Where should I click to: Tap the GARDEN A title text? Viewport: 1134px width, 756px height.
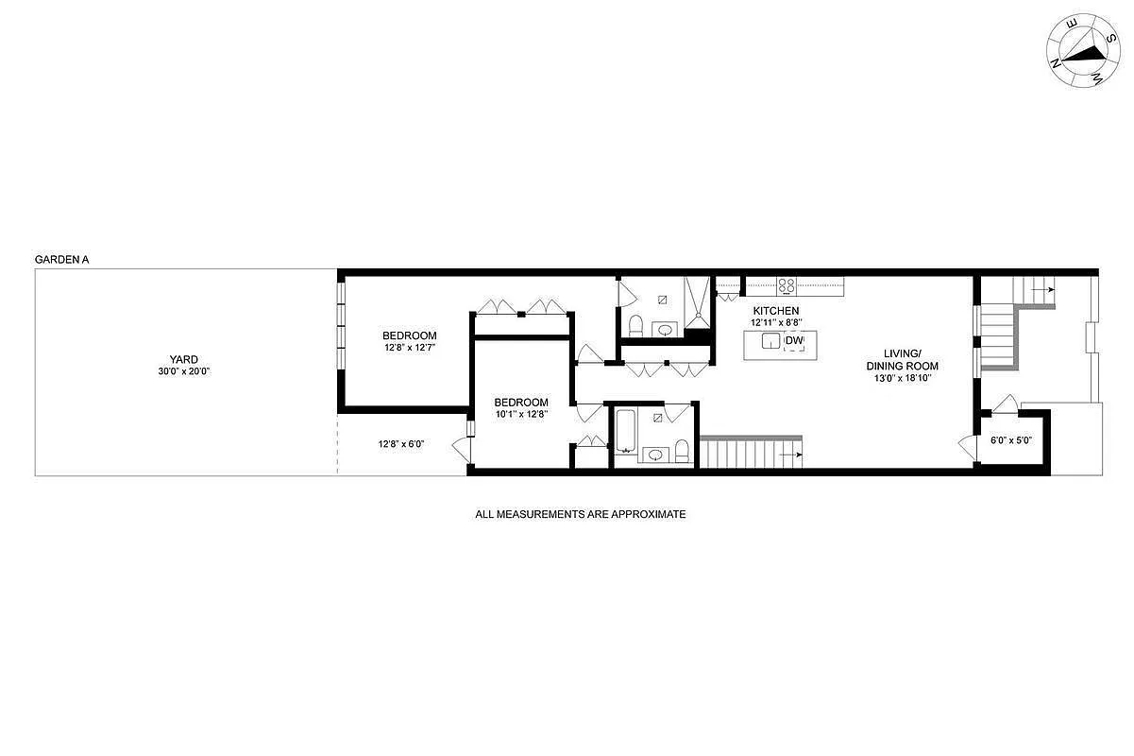pos(61,259)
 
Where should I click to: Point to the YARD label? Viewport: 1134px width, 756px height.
pos(183,359)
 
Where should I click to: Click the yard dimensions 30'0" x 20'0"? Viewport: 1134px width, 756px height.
pos(183,371)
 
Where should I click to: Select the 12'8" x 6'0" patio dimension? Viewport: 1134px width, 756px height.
pos(401,444)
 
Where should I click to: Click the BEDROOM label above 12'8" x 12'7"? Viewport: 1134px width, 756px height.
pos(409,335)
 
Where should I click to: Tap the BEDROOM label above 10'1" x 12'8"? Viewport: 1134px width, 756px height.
pos(521,402)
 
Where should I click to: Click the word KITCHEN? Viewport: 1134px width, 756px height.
pos(775,311)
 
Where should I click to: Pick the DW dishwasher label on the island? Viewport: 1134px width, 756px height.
pos(794,341)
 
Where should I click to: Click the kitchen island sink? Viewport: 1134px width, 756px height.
pos(771,341)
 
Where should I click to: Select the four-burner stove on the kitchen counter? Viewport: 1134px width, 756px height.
pos(787,284)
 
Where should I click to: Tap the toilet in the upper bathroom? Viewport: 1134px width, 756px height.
pos(635,327)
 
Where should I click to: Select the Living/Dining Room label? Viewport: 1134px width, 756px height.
pos(902,359)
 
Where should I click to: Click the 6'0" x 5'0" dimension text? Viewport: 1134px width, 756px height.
pos(1010,440)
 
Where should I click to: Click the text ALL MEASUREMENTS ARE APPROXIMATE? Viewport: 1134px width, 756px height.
pos(580,515)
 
